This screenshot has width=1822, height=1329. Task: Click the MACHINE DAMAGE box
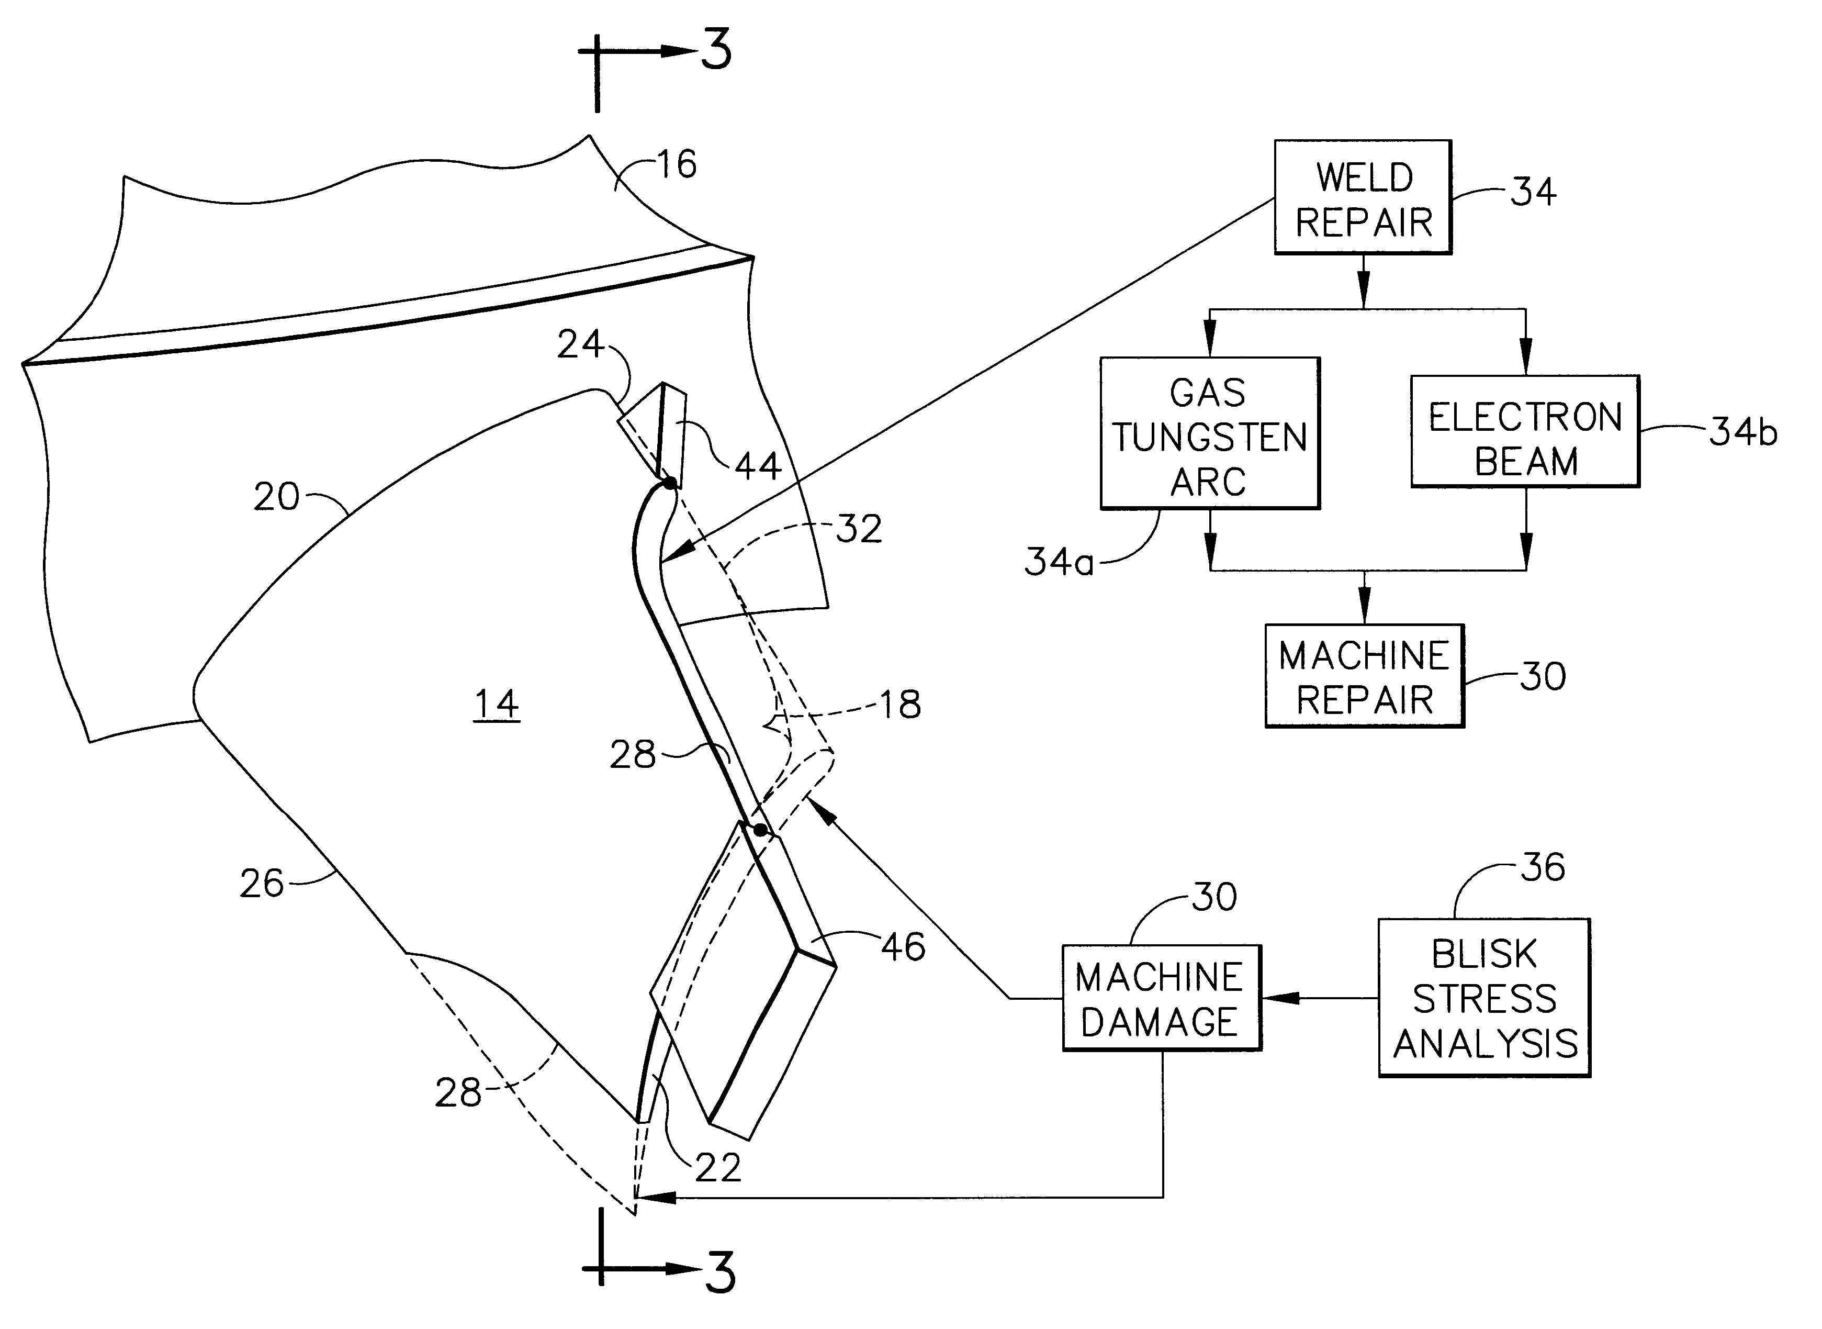(1161, 998)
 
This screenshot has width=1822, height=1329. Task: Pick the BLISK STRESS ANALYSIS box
(1484, 998)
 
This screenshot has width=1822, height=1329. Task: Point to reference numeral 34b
(1742, 433)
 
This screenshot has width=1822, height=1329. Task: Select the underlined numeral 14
(496, 705)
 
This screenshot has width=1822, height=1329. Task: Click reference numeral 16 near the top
(676, 165)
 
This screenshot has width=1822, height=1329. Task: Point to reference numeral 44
(757, 466)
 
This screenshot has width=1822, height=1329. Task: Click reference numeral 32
(859, 529)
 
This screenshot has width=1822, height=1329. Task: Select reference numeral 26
(262, 884)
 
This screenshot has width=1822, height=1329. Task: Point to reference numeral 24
(580, 344)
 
